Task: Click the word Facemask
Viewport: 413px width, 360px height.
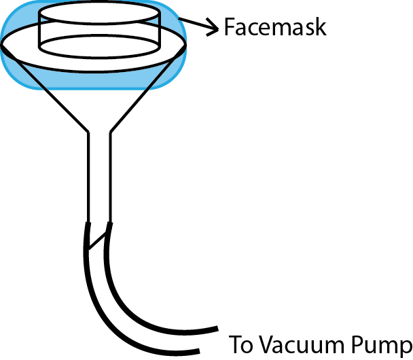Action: [275, 26]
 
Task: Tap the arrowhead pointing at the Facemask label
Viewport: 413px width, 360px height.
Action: [213, 27]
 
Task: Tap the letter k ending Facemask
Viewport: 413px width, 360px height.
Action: [321, 26]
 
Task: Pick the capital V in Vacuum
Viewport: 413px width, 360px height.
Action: [268, 345]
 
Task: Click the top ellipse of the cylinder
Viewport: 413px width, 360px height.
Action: [100, 23]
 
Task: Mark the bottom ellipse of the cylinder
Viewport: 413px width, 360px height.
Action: [100, 56]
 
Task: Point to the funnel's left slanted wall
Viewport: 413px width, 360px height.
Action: [46, 88]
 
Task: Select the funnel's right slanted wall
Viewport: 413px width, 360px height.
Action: [148, 88]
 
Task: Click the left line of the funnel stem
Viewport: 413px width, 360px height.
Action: [89, 177]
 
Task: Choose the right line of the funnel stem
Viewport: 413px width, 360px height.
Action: [110, 177]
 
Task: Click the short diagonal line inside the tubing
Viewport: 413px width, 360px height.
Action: [97, 240]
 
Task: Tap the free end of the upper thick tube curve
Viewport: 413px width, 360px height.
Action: [217, 329]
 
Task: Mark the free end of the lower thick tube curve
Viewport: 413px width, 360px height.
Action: [199, 351]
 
